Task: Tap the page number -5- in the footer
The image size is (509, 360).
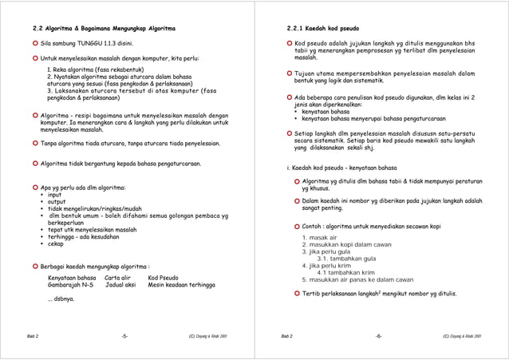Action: pyautogui.click(x=124, y=336)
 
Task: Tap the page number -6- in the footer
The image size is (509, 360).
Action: pyautogui.click(x=378, y=336)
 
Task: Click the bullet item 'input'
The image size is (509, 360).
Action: pyautogui.click(x=55, y=195)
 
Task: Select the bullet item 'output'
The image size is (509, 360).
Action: pyautogui.click(x=57, y=202)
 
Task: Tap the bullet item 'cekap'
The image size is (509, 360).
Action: pyautogui.click(x=55, y=243)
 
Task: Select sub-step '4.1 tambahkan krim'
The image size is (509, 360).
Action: pyautogui.click(x=345, y=272)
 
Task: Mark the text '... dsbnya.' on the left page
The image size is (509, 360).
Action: pyautogui.click(x=61, y=299)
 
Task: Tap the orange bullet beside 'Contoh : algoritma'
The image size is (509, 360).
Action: pyautogui.click(x=296, y=226)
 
